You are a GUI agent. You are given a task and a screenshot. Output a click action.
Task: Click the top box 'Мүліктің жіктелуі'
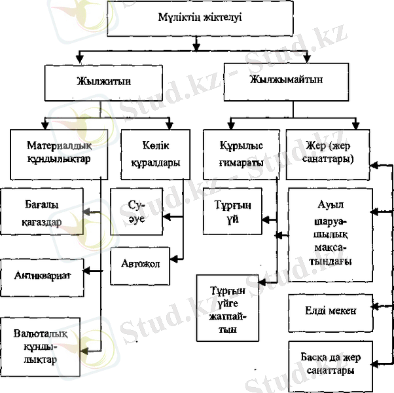coord(196,18)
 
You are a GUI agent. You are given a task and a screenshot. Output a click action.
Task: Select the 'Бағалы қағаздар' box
coord(41,212)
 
